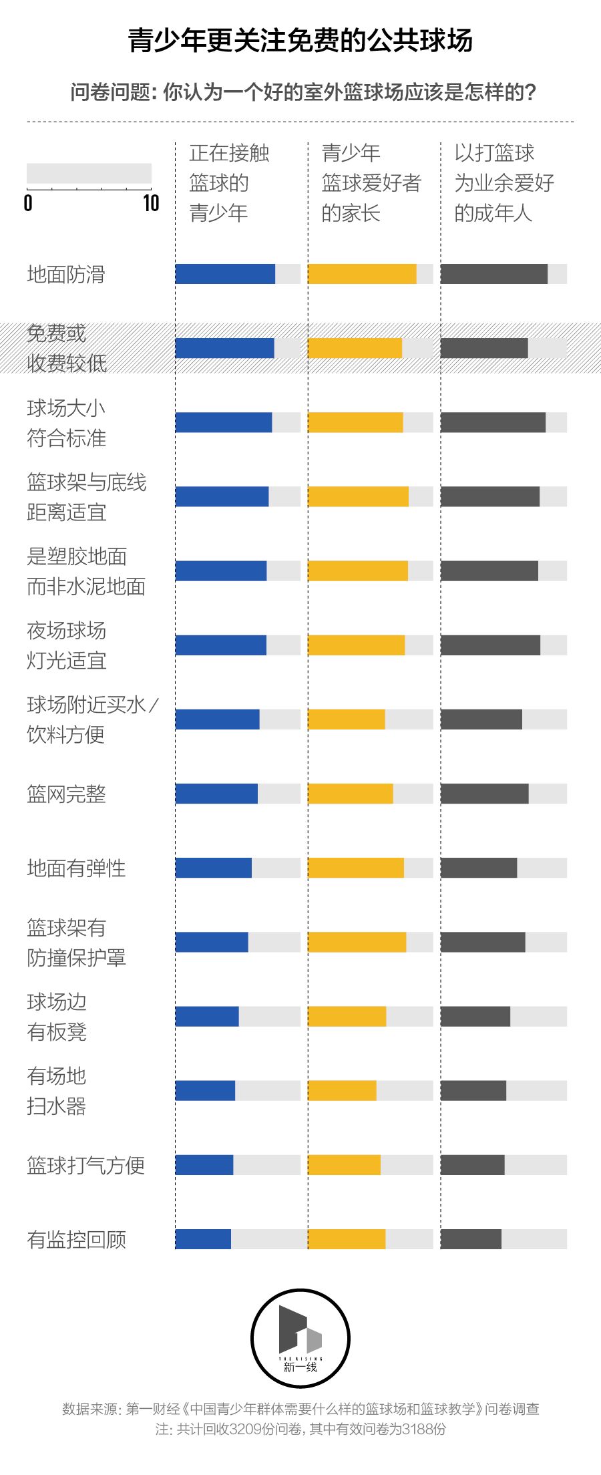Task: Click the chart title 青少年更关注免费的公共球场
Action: [x=300, y=41]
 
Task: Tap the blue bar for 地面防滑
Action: [x=225, y=274]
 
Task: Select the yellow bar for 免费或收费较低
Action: [x=355, y=348]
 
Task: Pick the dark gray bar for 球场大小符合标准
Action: [x=493, y=422]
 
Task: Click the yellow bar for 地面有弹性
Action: [x=355, y=868]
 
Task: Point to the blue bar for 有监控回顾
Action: [x=203, y=1239]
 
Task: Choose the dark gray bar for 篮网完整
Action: [x=484, y=794]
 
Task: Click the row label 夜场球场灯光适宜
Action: [x=67, y=645]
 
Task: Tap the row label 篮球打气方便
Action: [x=85, y=1165]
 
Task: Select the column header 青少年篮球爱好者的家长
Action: [x=371, y=182]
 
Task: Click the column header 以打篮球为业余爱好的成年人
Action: [x=504, y=182]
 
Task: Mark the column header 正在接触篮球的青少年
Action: [x=229, y=182]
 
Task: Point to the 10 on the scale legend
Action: [x=151, y=203]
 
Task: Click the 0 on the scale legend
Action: [x=28, y=203]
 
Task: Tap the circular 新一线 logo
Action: [x=300, y=1338]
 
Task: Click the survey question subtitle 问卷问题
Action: [x=303, y=92]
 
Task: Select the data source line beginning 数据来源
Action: [x=300, y=1409]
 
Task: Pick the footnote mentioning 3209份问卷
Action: [x=300, y=1429]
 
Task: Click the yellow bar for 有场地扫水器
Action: [x=342, y=1091]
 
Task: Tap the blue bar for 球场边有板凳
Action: [x=207, y=1017]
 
